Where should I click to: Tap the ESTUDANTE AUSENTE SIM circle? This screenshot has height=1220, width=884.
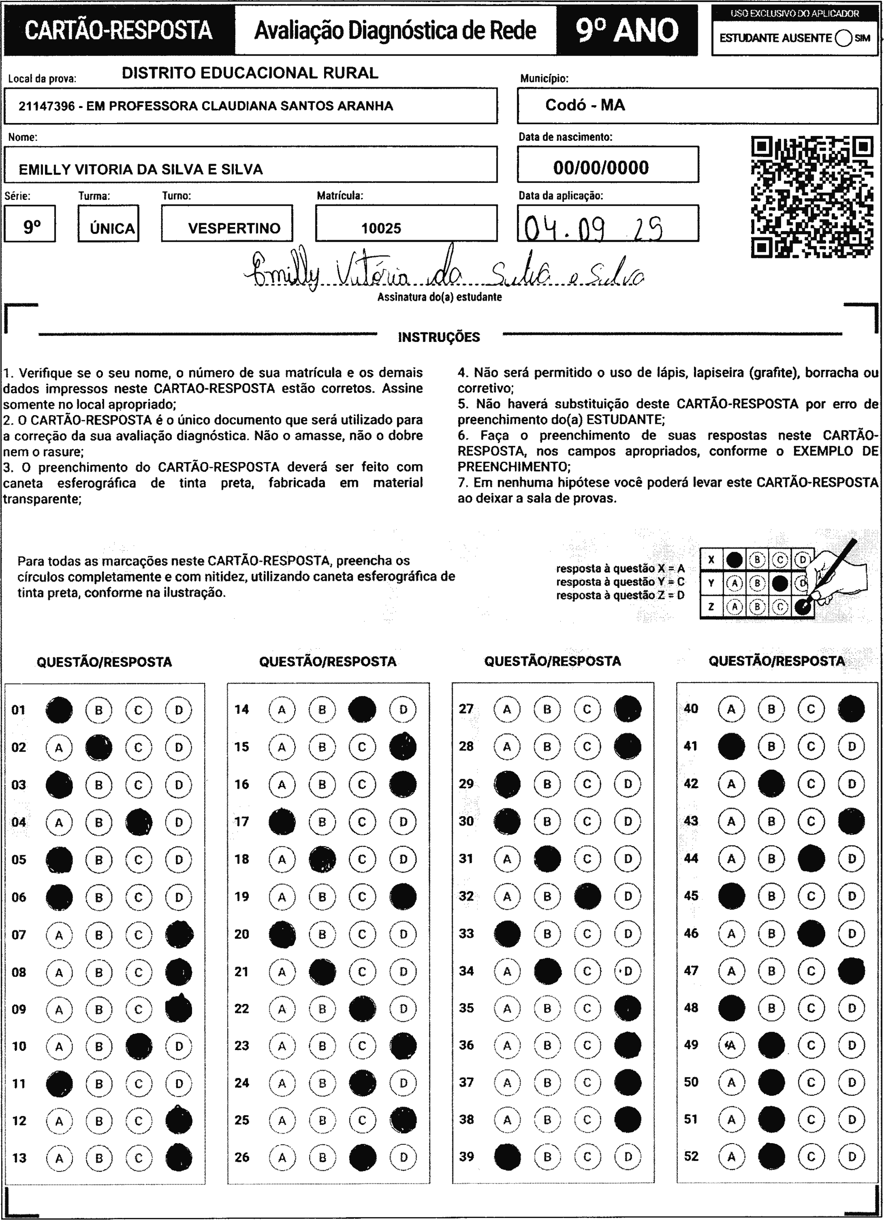(844, 38)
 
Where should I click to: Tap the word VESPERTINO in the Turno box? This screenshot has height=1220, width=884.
(234, 228)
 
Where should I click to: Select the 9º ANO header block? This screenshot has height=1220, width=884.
(627, 30)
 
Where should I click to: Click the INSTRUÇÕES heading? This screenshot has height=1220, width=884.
(439, 337)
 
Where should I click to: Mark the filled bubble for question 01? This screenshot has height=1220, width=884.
(59, 709)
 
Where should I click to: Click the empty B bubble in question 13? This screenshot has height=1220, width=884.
(99, 1158)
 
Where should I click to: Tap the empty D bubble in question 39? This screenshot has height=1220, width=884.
(627, 1157)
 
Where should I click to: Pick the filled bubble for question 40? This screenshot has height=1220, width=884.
(851, 709)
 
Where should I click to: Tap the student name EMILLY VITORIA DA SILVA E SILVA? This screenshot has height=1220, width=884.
(141, 170)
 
